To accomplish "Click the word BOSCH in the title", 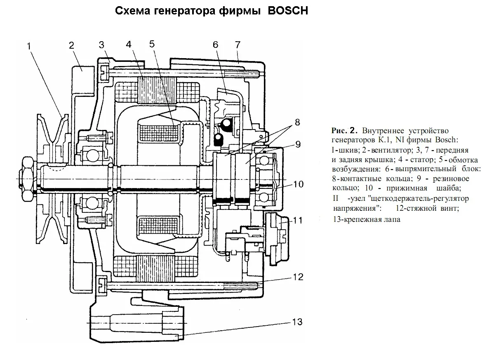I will click(288, 11).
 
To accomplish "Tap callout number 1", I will click(29, 46).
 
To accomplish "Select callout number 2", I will click(71, 45).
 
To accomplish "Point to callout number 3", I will click(102, 45).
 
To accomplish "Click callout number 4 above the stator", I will click(129, 44).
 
